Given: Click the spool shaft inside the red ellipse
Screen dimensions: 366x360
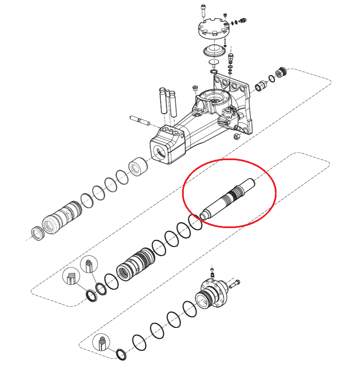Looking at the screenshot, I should (x=228, y=197).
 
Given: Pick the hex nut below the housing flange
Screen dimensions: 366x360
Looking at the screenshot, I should (x=236, y=136).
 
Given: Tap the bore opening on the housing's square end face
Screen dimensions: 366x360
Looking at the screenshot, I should (x=159, y=153).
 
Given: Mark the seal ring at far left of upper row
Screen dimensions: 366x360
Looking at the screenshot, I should (x=38, y=233).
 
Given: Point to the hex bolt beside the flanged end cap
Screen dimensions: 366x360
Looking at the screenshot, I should (x=235, y=285).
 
